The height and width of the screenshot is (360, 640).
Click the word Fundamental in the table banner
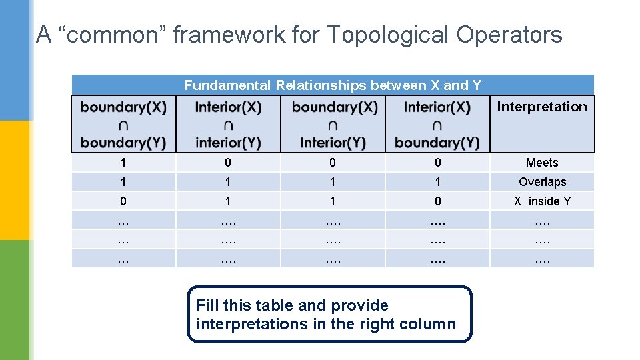[227, 85]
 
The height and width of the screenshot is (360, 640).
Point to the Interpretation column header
[542, 107]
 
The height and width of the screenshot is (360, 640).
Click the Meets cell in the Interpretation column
[542, 163]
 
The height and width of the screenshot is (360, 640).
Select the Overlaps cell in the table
[542, 182]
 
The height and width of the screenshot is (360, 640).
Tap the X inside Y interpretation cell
[542, 201]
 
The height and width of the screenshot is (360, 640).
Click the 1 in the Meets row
[123, 163]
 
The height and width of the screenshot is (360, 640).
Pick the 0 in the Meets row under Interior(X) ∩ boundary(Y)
[437, 163]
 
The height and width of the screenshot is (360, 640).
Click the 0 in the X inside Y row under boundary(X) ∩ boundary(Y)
[123, 201]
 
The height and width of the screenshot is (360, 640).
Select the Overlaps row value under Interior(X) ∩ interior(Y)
[228, 182]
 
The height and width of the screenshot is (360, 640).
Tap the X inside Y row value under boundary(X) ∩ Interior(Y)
[333, 201]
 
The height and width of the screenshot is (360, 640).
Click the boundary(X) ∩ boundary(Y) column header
[123, 125]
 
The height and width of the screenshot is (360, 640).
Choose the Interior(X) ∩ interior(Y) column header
[228, 125]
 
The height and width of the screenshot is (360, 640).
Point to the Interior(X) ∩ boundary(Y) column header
[437, 125]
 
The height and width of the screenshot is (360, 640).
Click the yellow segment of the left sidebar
[15, 180]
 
